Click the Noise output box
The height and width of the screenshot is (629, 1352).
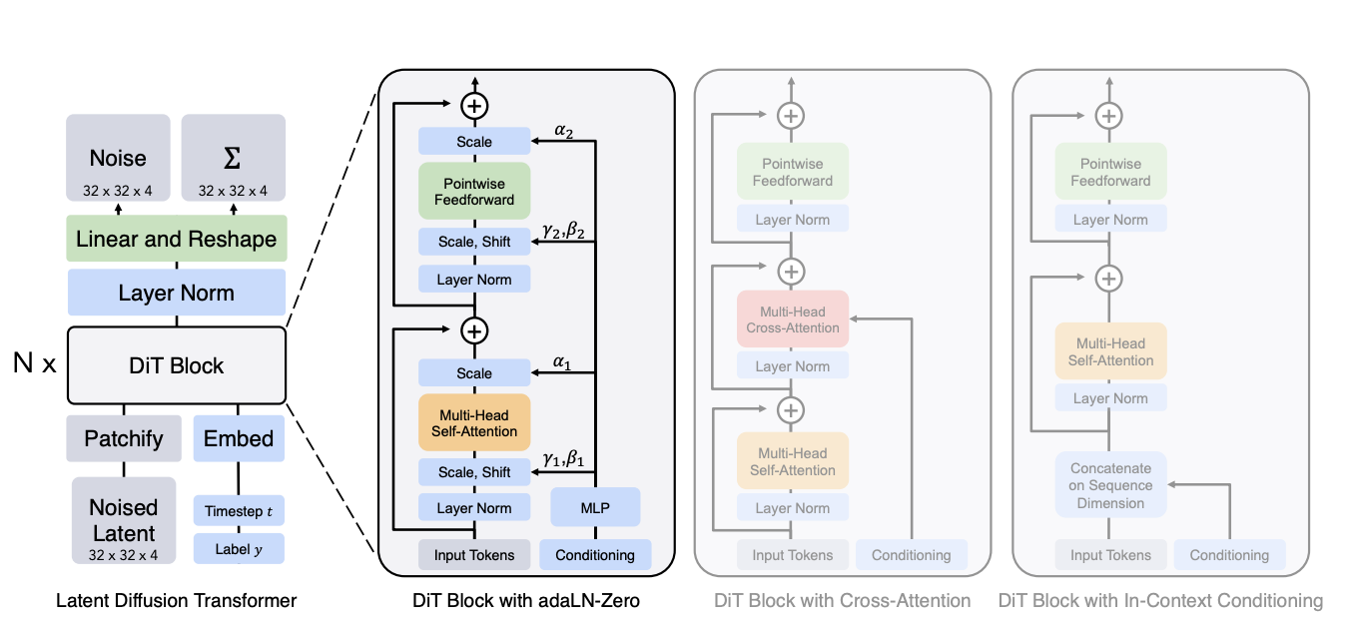(x=118, y=158)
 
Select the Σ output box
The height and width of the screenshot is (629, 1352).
(x=233, y=158)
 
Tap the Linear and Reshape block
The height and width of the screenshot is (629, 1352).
(x=176, y=239)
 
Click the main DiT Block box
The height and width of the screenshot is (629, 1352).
(x=176, y=364)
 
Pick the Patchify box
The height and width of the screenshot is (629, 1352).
(x=124, y=438)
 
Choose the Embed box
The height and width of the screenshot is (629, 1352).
(x=239, y=438)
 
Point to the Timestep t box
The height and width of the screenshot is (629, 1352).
(x=239, y=510)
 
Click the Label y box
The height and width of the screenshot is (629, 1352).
(x=239, y=548)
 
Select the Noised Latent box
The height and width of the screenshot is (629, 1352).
(x=124, y=520)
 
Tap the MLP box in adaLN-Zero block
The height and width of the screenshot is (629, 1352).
(x=595, y=507)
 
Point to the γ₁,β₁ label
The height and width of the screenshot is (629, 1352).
(x=563, y=457)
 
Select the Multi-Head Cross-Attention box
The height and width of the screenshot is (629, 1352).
(x=793, y=318)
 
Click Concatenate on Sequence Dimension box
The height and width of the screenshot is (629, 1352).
(x=1110, y=485)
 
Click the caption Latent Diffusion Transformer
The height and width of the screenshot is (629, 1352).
(x=176, y=601)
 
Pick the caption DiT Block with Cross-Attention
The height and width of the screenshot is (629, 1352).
(x=843, y=601)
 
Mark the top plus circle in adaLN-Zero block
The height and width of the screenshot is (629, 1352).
(x=474, y=105)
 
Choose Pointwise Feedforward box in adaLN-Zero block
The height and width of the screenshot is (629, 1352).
(x=474, y=192)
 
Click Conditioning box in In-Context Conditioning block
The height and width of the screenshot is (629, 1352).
(x=1229, y=555)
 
